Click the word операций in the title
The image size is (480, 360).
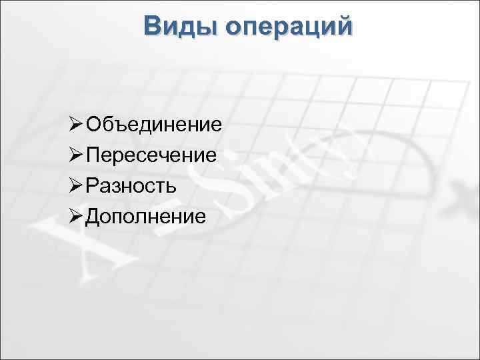289,27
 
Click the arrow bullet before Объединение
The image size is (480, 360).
75,125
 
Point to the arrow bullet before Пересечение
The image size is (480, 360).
75,155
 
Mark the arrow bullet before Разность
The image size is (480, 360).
75,185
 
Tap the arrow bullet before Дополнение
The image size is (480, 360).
75,215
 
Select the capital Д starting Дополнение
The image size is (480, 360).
93,216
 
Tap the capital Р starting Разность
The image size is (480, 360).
92,185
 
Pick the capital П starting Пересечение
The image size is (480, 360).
93,155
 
